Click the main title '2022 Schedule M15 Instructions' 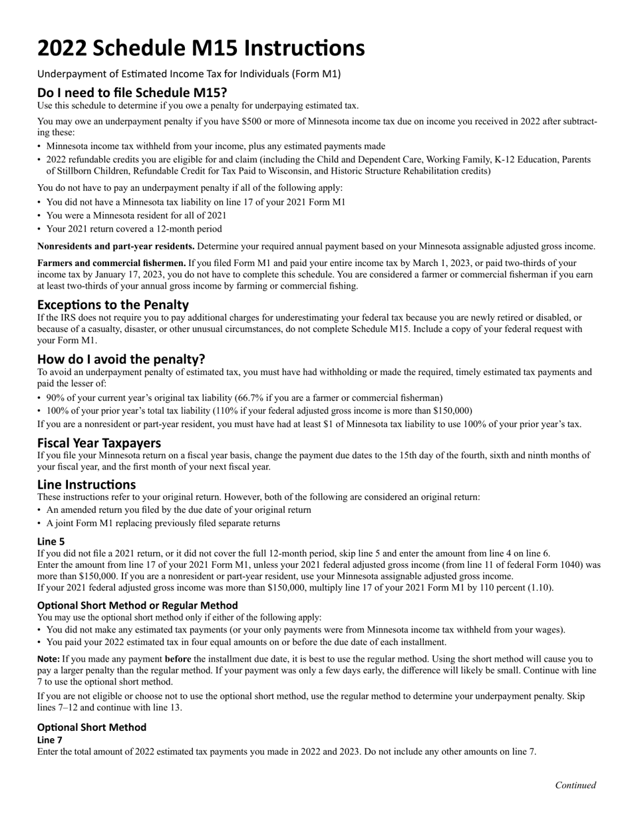click(x=200, y=49)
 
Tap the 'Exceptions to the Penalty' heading click(x=113, y=305)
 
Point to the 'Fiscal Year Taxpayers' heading click(x=99, y=442)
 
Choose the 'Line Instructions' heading click(x=86, y=484)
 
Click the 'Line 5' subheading click(x=51, y=541)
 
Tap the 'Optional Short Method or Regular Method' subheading click(x=137, y=605)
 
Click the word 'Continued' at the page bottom click(x=575, y=785)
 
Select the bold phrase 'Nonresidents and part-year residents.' click(x=116, y=246)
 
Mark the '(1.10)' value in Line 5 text click(x=540, y=587)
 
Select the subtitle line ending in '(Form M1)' click(x=189, y=74)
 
